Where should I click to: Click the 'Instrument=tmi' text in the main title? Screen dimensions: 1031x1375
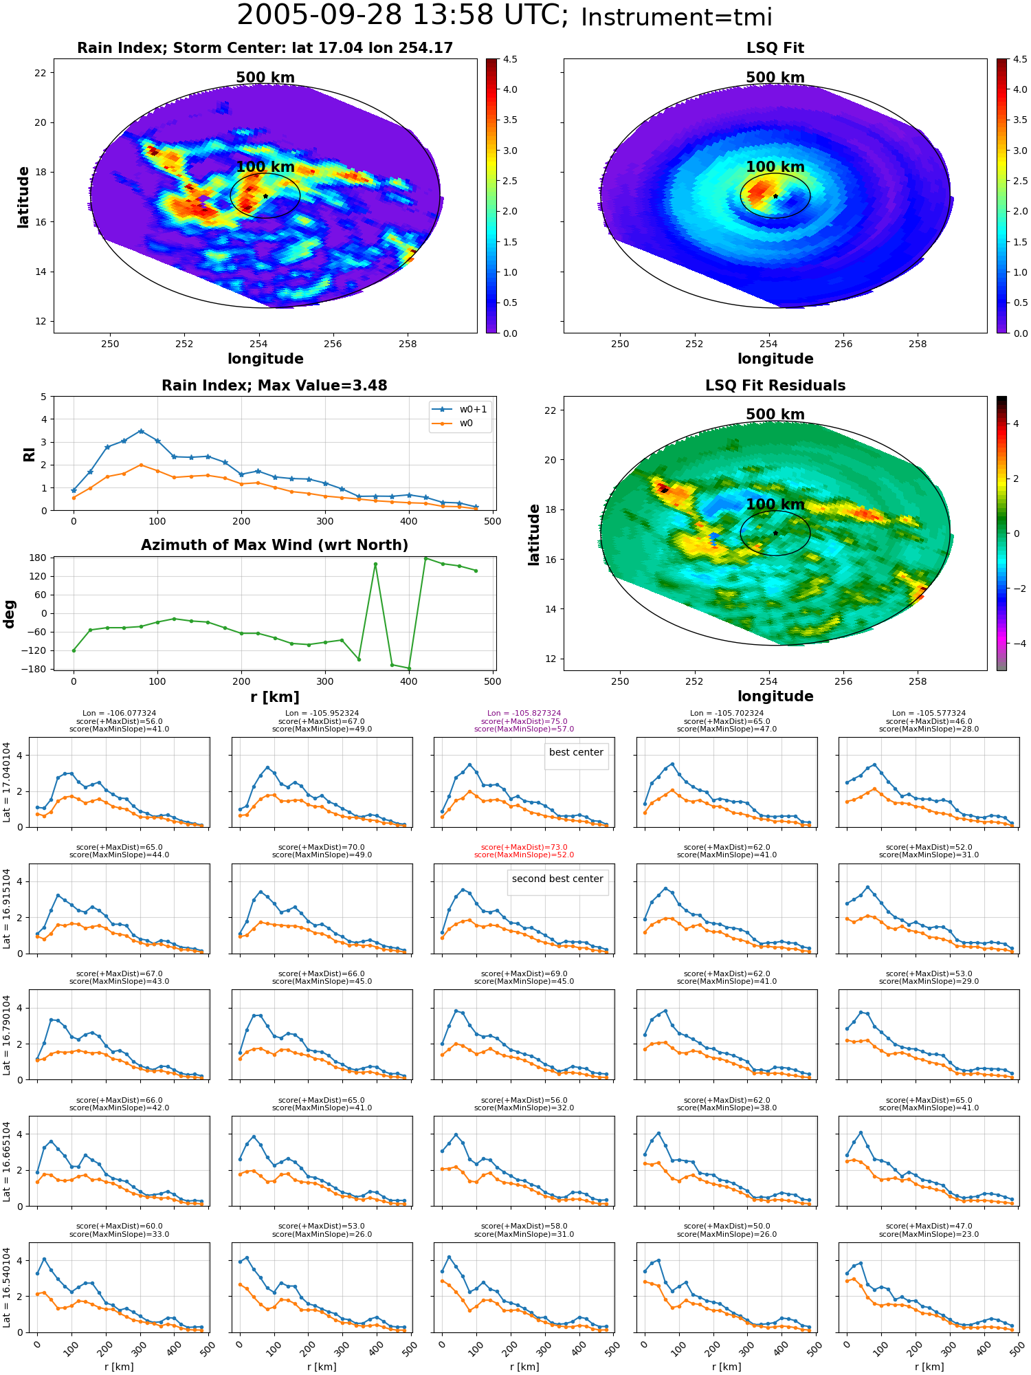pyautogui.click(x=676, y=17)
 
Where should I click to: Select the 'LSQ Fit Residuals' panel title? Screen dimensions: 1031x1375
pyautogui.click(x=775, y=386)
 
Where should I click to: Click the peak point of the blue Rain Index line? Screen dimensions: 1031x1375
pyautogui.click(x=141, y=431)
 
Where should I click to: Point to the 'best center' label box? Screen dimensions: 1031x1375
pyautogui.click(x=576, y=753)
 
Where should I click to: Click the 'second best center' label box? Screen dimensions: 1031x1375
pyautogui.click(x=557, y=879)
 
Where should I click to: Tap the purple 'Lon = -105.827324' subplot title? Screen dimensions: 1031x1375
pyautogui.click(x=524, y=714)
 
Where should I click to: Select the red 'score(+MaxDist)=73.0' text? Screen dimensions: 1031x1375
pyautogui.click(x=524, y=848)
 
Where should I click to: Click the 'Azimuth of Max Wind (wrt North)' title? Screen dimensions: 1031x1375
pyautogui.click(x=274, y=545)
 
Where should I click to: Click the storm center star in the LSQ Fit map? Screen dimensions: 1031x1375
pyautogui.click(x=775, y=196)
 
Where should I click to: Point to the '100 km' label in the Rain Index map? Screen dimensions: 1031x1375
pyautogui.click(x=265, y=167)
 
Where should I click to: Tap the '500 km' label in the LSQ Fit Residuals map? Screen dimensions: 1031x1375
pyautogui.click(x=775, y=415)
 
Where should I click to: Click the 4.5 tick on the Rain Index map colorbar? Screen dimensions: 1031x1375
pyautogui.click(x=510, y=59)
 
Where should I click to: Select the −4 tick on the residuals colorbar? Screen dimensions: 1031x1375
pyautogui.click(x=1016, y=643)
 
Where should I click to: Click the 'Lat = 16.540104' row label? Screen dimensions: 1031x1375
pyautogui.click(x=7, y=1287)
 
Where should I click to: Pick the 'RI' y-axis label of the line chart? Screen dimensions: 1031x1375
pyautogui.click(x=29, y=454)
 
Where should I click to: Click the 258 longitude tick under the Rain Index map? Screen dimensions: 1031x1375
pyautogui.click(x=408, y=344)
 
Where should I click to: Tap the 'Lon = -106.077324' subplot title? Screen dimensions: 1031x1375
pyautogui.click(x=119, y=714)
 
